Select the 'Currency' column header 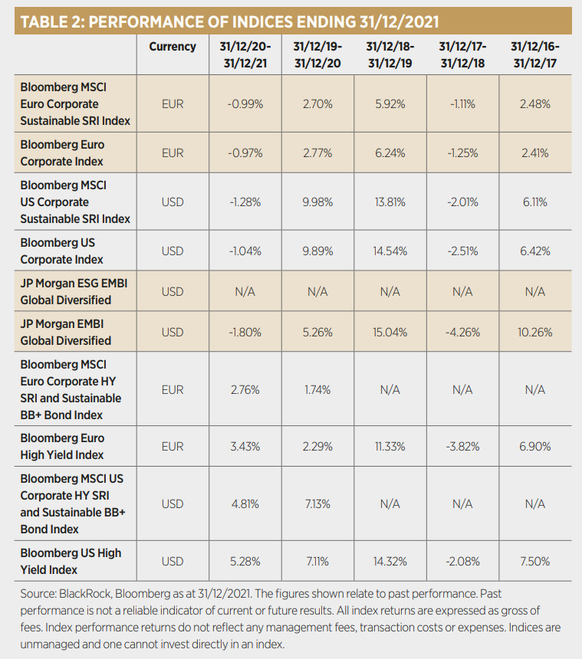tap(173, 47)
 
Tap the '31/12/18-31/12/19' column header tap(390, 54)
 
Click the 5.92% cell tap(390, 103)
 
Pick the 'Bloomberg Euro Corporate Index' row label tap(62, 153)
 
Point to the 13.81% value tap(390, 202)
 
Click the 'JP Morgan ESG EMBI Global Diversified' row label tap(74, 292)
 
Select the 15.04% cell tap(390, 333)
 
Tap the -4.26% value tap(462, 333)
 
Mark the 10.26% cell tap(534, 333)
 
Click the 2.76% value tap(245, 389)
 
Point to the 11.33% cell tap(390, 447)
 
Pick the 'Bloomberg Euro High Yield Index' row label tap(62, 447)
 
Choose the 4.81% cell tap(245, 504)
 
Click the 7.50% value tap(534, 561)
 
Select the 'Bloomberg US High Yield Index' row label tap(71, 561)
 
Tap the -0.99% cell tap(245, 103)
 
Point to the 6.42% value tap(534, 251)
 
